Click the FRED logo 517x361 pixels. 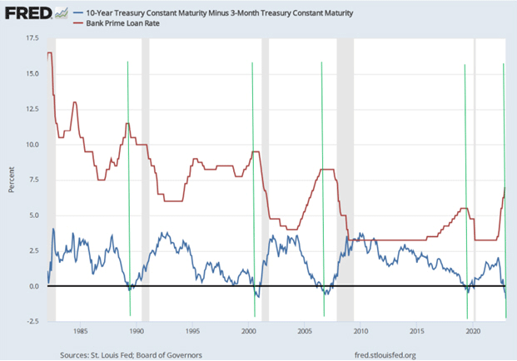(31, 14)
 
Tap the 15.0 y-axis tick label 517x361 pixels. (32, 74)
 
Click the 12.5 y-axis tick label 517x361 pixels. (32, 110)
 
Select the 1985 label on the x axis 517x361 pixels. (80, 330)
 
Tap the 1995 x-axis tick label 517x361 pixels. (192, 330)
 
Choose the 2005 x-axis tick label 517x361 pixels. (305, 330)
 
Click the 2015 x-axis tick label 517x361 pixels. (417, 330)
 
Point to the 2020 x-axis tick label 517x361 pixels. (473, 330)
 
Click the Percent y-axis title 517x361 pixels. (10, 180)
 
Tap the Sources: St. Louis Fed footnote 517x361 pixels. (130, 354)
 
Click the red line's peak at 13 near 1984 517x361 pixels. (75, 102)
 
